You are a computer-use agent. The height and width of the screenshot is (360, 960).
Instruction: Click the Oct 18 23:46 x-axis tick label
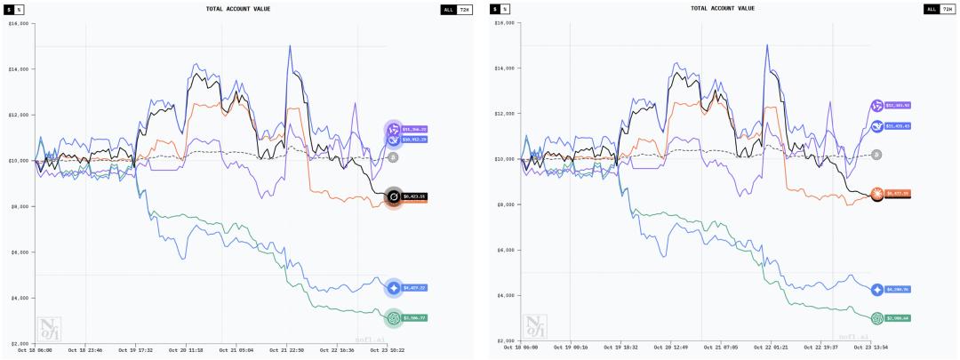[x=85, y=349]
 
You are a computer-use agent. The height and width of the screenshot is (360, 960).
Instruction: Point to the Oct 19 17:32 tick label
[x=134, y=349]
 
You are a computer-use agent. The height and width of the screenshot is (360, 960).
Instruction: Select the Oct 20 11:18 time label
[x=185, y=349]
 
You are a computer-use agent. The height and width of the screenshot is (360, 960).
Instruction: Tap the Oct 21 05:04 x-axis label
[x=236, y=349]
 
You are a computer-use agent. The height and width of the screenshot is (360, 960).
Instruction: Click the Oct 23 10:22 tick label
[x=388, y=349]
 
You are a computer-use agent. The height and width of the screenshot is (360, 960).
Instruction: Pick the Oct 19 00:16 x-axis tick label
[x=570, y=347]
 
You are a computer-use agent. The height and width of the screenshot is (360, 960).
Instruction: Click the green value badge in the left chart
[x=414, y=317]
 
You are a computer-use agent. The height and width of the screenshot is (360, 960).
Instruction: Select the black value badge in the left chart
[x=414, y=196]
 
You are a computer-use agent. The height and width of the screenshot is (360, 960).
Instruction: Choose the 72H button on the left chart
[x=465, y=9]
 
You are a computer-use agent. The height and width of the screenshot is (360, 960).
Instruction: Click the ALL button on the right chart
[x=932, y=9]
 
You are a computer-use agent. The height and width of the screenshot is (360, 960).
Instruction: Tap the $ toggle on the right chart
[x=495, y=9]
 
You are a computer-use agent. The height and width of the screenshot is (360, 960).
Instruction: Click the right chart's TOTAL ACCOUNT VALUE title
[x=723, y=9]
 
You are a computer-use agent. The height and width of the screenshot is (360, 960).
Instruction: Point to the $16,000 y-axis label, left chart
[x=18, y=24]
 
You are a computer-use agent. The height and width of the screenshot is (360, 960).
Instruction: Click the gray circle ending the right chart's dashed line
[x=876, y=155]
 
